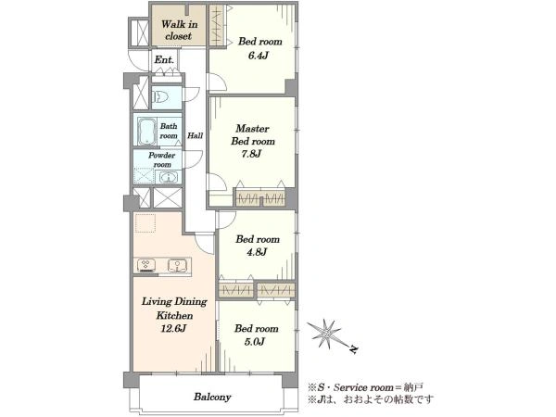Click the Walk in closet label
[179, 31]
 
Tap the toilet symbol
[160, 96]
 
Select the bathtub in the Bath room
[146, 132]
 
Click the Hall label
[195, 135]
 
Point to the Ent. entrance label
[164, 60]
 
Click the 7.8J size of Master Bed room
[251, 154]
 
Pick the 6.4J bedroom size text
[258, 56]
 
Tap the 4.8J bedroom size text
[257, 252]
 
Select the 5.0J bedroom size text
[255, 342]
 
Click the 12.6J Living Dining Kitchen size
[174, 329]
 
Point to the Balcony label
[212, 397]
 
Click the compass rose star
[325, 334]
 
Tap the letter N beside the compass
[353, 349]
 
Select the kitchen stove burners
[146, 266]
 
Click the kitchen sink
[178, 265]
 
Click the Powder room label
[161, 160]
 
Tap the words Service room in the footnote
[363, 387]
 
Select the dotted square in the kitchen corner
[145, 223]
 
